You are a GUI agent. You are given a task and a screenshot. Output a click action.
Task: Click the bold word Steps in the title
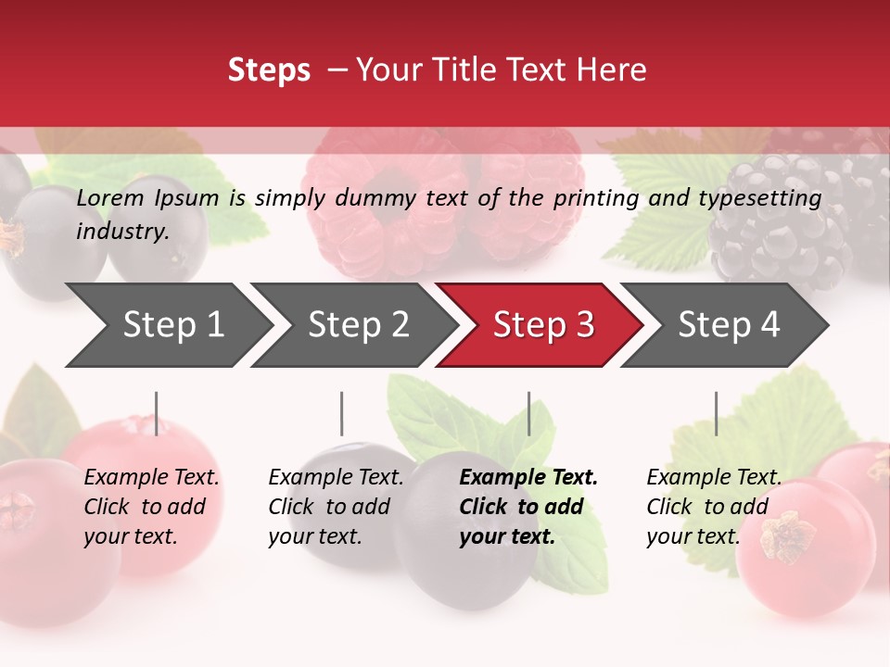tap(269, 70)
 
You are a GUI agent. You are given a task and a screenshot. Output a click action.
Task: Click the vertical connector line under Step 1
tap(157, 413)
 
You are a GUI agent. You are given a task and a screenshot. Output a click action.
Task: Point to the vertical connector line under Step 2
tap(342, 413)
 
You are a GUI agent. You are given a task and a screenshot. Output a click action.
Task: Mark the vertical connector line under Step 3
tap(529, 413)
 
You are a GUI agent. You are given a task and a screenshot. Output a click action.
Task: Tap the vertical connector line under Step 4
tap(716, 413)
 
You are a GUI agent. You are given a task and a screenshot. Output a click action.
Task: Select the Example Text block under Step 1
tap(151, 507)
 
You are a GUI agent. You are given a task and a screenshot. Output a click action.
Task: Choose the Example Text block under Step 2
tap(336, 507)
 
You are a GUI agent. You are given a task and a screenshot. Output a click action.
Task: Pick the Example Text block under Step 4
tap(714, 507)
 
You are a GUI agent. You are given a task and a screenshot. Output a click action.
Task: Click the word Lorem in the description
tap(110, 198)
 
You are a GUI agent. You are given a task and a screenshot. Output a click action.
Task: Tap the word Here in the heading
tap(611, 70)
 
